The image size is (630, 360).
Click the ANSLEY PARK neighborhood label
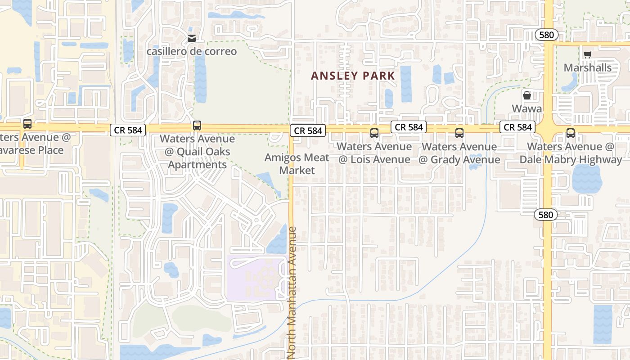coord(353,76)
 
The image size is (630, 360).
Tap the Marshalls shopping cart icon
coord(587,55)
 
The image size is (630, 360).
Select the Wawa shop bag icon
coord(526,95)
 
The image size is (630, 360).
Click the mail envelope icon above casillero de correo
coord(192,38)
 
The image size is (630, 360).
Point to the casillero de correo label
coord(192,51)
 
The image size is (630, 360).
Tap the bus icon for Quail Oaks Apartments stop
coord(197,126)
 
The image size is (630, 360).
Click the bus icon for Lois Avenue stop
coord(374,133)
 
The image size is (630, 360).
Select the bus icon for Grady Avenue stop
coord(459,133)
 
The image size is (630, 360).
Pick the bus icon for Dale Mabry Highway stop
coord(571,133)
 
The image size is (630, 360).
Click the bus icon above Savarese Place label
coord(27,124)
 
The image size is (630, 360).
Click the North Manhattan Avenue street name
coord(292,292)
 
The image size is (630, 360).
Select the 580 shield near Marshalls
coord(547,35)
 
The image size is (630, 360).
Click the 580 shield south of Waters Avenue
coord(546,215)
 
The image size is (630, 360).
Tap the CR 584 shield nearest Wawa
coord(517,127)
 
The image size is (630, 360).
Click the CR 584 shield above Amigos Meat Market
coord(308,130)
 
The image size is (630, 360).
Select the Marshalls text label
coord(588,67)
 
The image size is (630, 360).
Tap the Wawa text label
coord(526,108)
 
